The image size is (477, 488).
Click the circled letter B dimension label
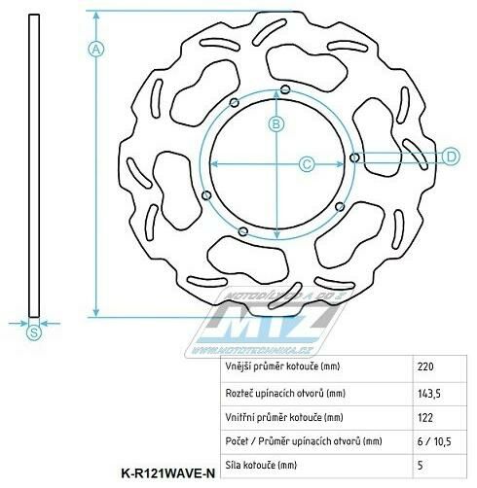pos(275,123)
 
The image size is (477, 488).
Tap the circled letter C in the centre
pos(306,163)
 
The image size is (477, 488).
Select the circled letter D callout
pos(451,157)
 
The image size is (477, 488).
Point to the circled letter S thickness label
pos(35,333)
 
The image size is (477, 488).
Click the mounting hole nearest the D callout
pos(353,158)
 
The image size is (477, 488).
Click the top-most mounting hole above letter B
pos(283,89)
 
